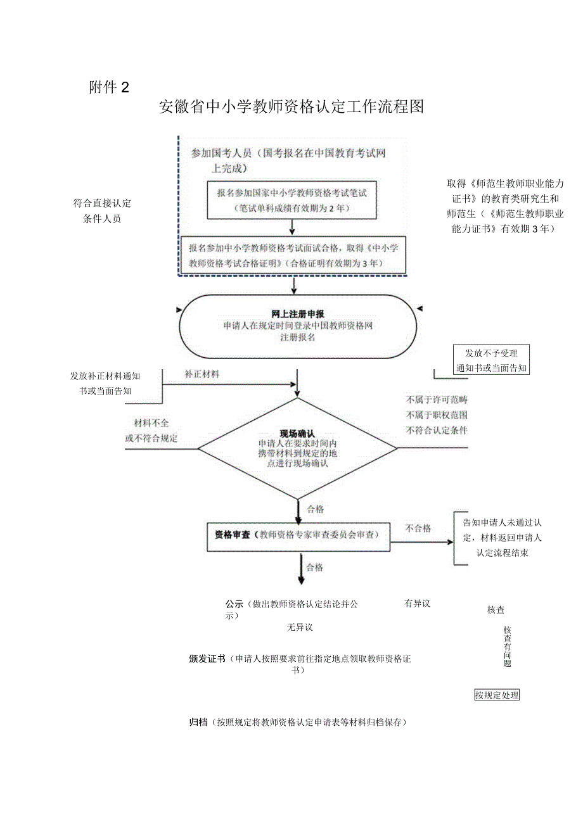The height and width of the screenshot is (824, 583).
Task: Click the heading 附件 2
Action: tap(109, 87)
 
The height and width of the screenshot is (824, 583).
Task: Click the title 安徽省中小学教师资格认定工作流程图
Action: tap(291, 107)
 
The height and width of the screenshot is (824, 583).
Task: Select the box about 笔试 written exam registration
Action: tap(291, 200)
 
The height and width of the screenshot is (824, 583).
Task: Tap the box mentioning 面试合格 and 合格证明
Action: tap(293, 256)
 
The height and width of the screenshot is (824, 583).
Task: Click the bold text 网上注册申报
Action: tap(298, 314)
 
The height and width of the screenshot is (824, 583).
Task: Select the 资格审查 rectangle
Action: tap(298, 535)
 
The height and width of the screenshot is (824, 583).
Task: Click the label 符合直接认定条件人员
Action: tap(102, 211)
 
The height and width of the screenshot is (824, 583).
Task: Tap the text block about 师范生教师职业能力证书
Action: tap(504, 206)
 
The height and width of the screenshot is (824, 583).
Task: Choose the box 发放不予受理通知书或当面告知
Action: tap(491, 361)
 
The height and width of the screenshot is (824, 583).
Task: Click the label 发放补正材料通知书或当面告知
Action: tap(105, 383)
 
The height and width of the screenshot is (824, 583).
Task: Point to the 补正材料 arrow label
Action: tap(202, 374)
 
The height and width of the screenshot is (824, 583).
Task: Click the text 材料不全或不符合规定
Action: tap(151, 431)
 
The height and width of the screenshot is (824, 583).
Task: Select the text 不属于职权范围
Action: tap(437, 415)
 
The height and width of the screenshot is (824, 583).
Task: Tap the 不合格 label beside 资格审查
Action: tap(418, 528)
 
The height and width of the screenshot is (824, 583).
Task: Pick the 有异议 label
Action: tap(418, 604)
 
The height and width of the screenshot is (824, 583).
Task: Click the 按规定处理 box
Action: tap(497, 695)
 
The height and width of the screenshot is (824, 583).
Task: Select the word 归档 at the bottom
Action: tap(198, 723)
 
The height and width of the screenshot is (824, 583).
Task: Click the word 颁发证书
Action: tap(207, 659)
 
